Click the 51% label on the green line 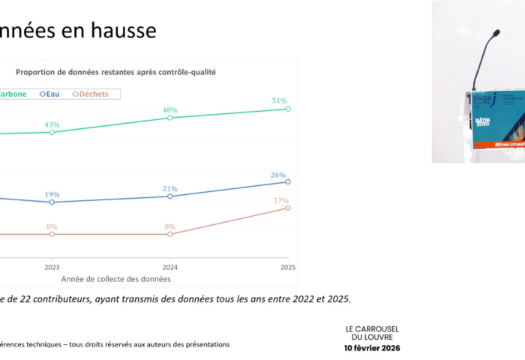point(279,100)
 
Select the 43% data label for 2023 point(52,124)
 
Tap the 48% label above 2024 point(170,109)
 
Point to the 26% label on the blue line point(279,175)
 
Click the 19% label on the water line point(52,194)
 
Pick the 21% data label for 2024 point(170,188)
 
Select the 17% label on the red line point(281,200)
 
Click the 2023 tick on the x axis point(52,267)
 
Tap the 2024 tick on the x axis point(170,267)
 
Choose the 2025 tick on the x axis point(288,267)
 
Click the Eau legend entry point(51,94)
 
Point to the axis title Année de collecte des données point(116,278)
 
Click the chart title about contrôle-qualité point(115,73)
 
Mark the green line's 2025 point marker point(288,109)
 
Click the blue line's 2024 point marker point(170,196)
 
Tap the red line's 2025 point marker point(288,208)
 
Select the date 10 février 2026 point(372,349)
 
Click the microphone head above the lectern point(496,34)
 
